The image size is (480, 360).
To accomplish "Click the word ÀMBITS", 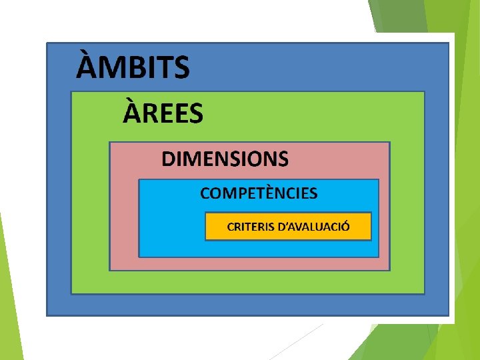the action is pyautogui.click(x=133, y=68).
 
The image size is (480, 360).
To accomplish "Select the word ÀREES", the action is pyautogui.click(x=163, y=113).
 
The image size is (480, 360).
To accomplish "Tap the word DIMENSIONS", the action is pyautogui.click(x=225, y=159).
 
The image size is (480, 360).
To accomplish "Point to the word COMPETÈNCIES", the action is pyautogui.click(x=259, y=194).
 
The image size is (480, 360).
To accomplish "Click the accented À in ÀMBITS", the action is pyautogui.click(x=86, y=67).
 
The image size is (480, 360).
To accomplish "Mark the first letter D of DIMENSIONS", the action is pyautogui.click(x=169, y=159).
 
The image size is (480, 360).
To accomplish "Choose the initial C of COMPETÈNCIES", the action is pyautogui.click(x=205, y=194).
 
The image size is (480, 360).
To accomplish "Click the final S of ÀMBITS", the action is pyautogui.click(x=181, y=68).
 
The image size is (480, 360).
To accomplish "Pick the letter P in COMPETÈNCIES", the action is pyautogui.click(x=241, y=194).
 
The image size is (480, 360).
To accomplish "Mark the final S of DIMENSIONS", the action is pyautogui.click(x=283, y=159).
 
